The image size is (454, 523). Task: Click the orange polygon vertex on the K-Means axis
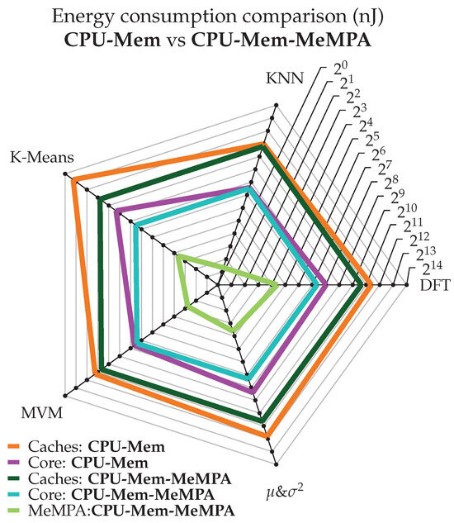74,179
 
